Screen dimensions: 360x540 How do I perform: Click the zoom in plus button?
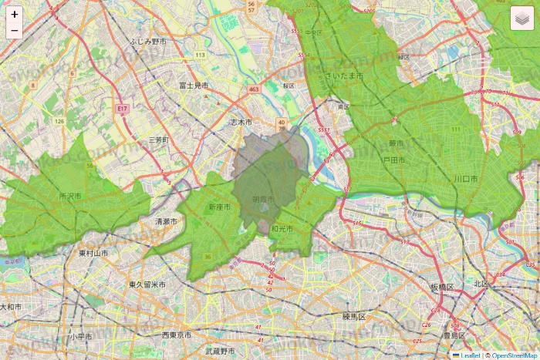click(15, 14)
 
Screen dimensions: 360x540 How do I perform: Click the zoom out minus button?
click(15, 31)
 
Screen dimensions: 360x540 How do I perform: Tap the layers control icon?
click(522, 18)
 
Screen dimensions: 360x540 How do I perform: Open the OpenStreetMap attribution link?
click(515, 355)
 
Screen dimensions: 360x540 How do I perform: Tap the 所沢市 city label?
click(69, 197)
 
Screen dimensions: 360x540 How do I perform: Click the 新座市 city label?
click(219, 207)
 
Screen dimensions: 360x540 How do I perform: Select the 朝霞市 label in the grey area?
click(263, 200)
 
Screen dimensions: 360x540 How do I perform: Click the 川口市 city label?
click(465, 179)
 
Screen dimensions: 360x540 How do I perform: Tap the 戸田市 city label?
click(394, 160)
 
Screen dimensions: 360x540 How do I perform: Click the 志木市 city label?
click(241, 122)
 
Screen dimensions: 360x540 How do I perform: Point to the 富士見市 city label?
click(194, 85)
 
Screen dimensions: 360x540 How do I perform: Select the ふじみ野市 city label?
click(149, 40)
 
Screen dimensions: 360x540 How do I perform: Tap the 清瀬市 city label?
click(166, 221)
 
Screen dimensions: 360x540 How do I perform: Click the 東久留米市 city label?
click(147, 284)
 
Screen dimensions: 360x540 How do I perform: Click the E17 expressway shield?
click(122, 109)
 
